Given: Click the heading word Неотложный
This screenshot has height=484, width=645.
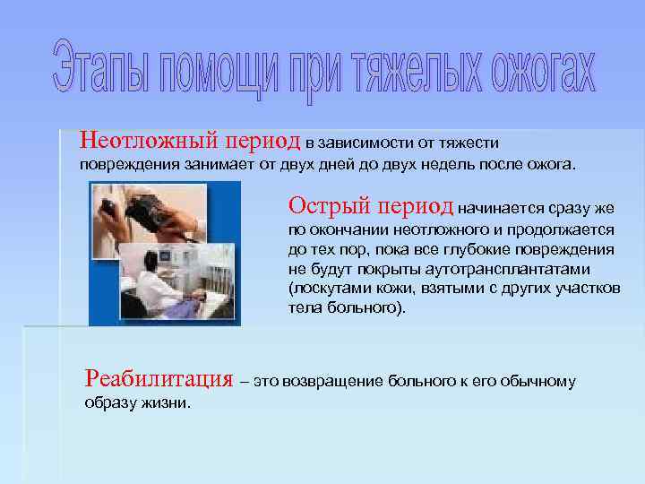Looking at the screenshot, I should pyautogui.click(x=134, y=141).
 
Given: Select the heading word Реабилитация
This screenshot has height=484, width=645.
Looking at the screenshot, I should pyautogui.click(x=159, y=379).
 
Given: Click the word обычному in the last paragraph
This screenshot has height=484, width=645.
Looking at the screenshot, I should pyautogui.click(x=537, y=382).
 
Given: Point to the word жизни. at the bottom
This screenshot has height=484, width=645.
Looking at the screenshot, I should pyautogui.click(x=169, y=403).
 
